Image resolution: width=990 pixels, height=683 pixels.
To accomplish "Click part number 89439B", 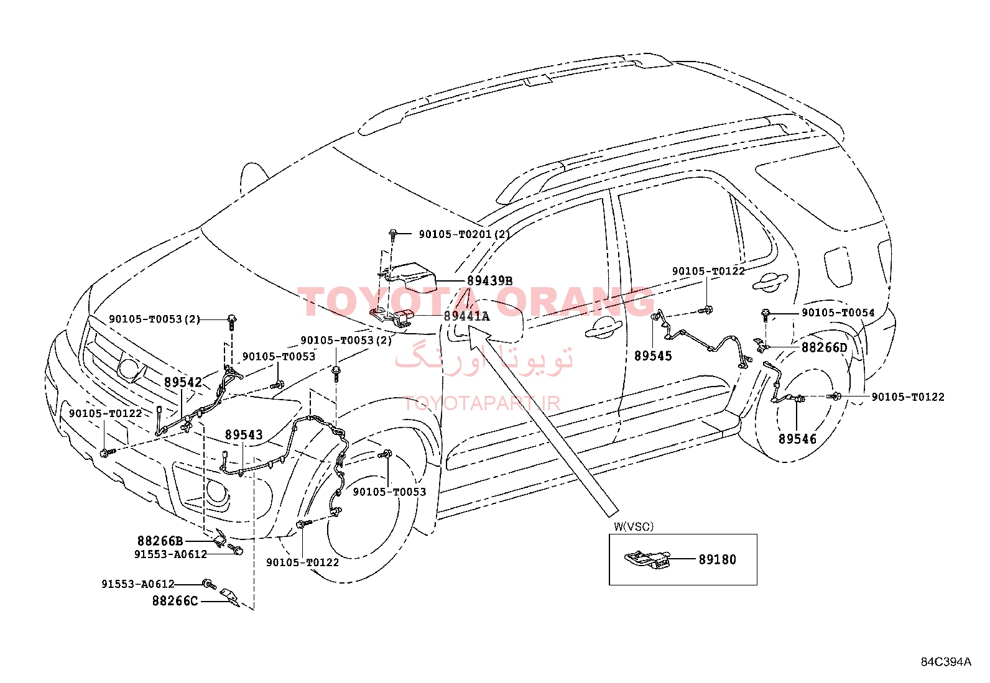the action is pyautogui.click(x=489, y=281).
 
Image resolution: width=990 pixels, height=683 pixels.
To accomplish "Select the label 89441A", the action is pyautogui.click(x=467, y=316).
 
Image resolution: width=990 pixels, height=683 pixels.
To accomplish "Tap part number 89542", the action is pyautogui.click(x=183, y=382).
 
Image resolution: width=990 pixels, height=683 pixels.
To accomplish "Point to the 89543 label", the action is pyautogui.click(x=244, y=434).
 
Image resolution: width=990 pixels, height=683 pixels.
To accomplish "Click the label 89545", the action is pyautogui.click(x=653, y=355).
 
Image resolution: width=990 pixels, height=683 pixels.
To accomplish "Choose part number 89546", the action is pyautogui.click(x=797, y=439).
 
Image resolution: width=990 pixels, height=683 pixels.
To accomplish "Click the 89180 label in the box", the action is pyautogui.click(x=717, y=560).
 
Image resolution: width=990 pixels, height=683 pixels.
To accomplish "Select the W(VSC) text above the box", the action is pyautogui.click(x=633, y=526).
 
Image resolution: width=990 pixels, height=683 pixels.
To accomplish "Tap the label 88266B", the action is pyautogui.click(x=160, y=541).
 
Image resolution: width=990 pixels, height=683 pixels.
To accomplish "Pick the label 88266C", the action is pyautogui.click(x=175, y=601).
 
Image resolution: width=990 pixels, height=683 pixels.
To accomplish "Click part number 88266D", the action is pyautogui.click(x=824, y=347).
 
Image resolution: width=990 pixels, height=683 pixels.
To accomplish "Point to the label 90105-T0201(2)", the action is pyautogui.click(x=465, y=234).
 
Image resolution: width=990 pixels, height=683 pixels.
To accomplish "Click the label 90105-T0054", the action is pyautogui.click(x=838, y=313).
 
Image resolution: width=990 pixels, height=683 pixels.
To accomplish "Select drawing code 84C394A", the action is pyautogui.click(x=946, y=661).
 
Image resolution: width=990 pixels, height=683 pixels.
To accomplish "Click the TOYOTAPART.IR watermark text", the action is pyautogui.click(x=482, y=403).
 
